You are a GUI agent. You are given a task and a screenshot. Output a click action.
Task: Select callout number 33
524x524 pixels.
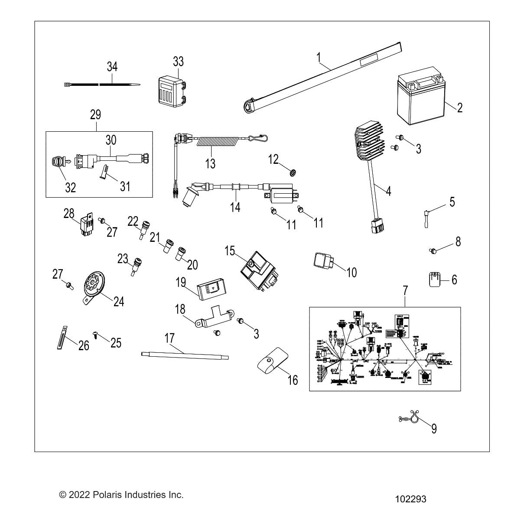178,62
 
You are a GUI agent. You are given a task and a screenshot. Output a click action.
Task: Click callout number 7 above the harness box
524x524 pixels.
405,290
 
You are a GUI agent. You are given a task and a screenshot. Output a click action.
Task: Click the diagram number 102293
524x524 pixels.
410,499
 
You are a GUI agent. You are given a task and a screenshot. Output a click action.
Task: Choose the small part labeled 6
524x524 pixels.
435,279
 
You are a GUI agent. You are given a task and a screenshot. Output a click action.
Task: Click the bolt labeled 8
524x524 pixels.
433,250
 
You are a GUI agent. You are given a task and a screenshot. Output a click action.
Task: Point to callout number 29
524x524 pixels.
95,115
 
